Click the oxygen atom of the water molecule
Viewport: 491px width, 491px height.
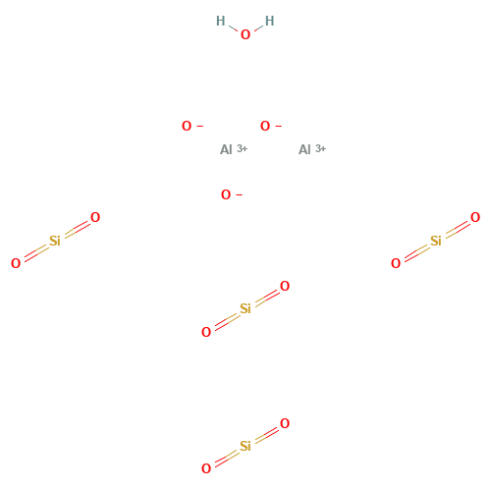pyautogui.click(x=245, y=33)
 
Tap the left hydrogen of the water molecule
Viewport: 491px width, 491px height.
pyautogui.click(x=220, y=20)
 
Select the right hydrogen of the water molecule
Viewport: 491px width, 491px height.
pyautogui.click(x=269, y=20)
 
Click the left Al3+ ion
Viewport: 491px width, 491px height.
pyautogui.click(x=227, y=149)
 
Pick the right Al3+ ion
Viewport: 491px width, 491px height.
pyautogui.click(x=306, y=149)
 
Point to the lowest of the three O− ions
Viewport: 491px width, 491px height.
pyautogui.click(x=226, y=194)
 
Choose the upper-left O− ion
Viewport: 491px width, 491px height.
pyautogui.click(x=187, y=126)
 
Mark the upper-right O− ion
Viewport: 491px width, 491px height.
pyautogui.click(x=265, y=126)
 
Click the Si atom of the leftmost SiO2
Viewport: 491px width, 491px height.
pyautogui.click(x=55, y=240)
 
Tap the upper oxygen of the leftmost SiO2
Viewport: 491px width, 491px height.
pyautogui.click(x=95, y=216)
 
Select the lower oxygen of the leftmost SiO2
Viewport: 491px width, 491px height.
pyautogui.click(x=15, y=263)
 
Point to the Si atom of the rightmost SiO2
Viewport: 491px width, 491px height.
pyautogui.click(x=436, y=240)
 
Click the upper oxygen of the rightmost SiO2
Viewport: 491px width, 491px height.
pyautogui.click(x=476, y=216)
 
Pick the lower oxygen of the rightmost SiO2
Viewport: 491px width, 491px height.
pyautogui.click(x=396, y=263)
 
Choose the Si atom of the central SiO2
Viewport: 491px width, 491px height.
pyautogui.click(x=245, y=308)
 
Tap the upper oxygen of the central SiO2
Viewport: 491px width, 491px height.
pyautogui.click(x=286, y=286)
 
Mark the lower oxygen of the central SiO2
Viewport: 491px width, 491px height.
pyautogui.click(x=205, y=332)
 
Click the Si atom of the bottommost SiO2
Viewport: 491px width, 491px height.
pyautogui.click(x=245, y=446)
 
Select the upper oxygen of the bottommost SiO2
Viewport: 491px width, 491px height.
pyautogui.click(x=286, y=423)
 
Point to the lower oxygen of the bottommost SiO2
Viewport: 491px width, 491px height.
pyautogui.click(x=205, y=469)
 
